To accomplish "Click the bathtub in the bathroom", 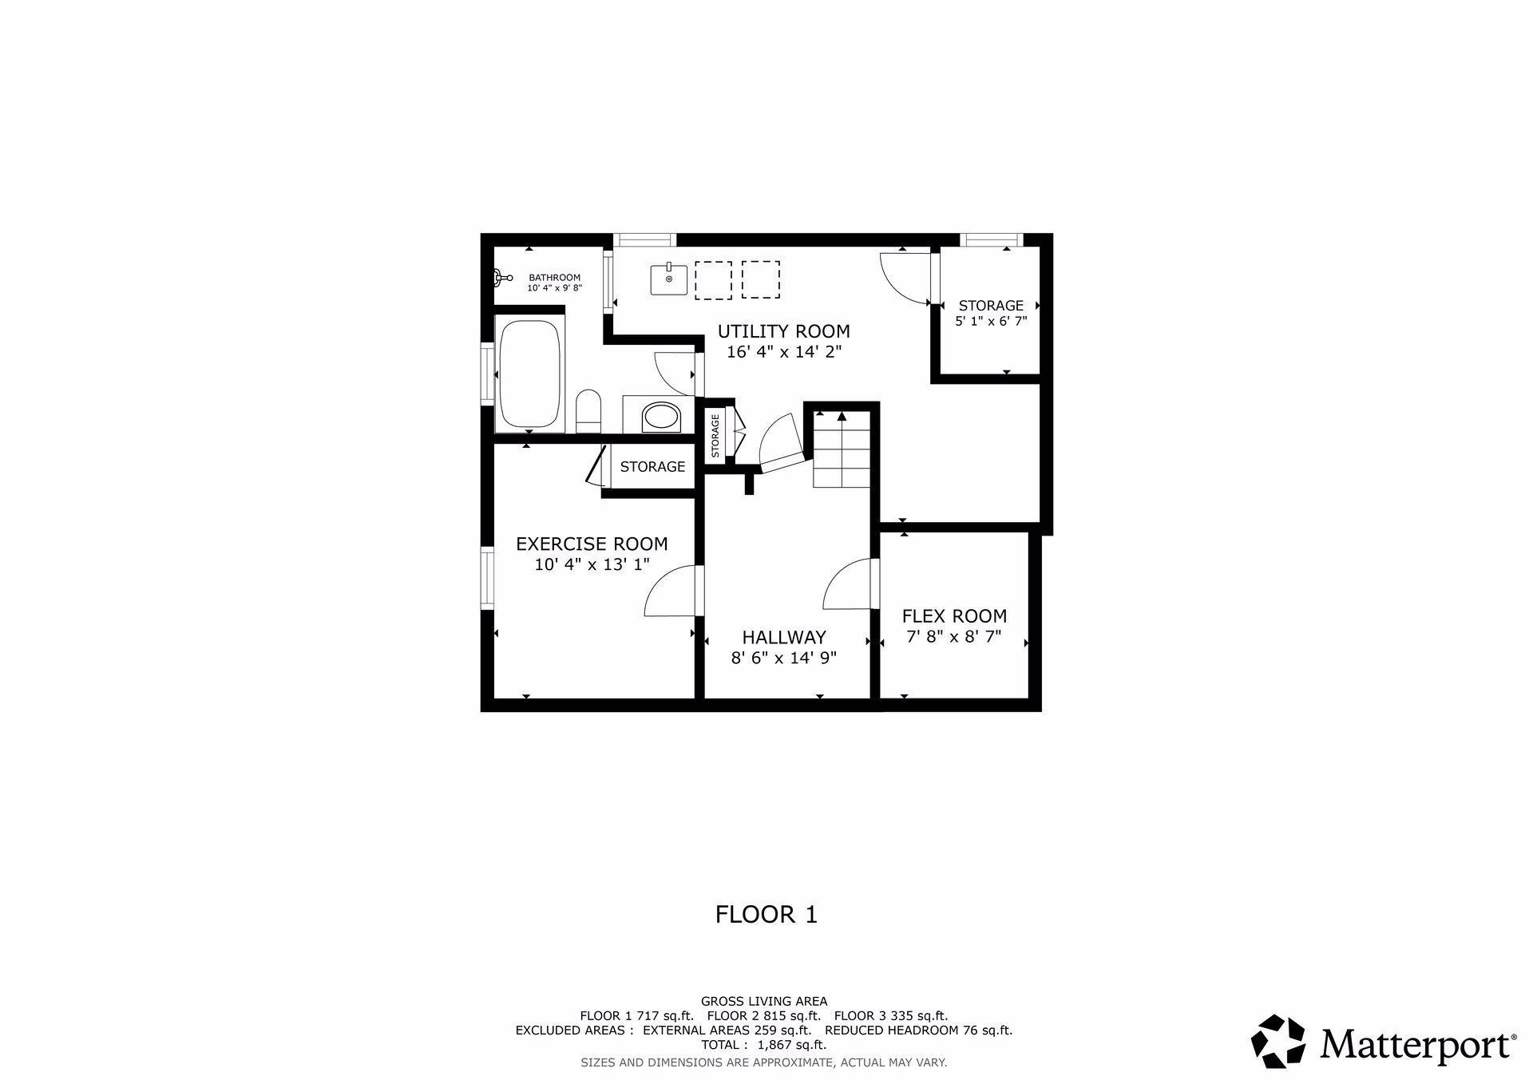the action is pos(530,374).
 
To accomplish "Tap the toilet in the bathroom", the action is pos(588,411).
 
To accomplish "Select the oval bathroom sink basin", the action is pos(661,417).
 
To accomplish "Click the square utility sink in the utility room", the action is pos(668,279).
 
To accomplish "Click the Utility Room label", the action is pos(783,331).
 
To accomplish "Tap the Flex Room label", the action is pos(954,616).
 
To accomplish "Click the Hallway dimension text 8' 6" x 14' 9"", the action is pos(783,658).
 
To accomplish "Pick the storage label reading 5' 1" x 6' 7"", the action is pos(991,322).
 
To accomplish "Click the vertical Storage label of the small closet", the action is pos(715,436).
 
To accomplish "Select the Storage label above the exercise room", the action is pos(652,467).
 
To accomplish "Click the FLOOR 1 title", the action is pos(766,914).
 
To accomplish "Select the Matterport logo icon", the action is pos(1278,1041).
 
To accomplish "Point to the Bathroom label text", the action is pos(554,278).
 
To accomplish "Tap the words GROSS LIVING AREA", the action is pos(764,1001).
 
